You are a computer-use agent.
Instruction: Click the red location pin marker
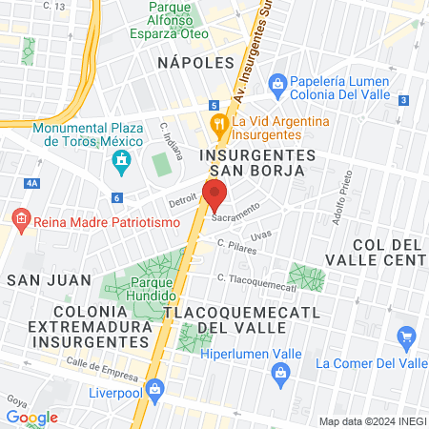coord(214,194)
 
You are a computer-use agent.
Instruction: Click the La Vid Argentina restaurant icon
coord(218,122)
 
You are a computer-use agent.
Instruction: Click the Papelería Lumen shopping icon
coord(278,82)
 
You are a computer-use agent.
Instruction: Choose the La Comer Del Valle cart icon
coord(408,336)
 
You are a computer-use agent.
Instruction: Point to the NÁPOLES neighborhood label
coord(195,62)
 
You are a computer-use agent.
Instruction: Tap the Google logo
coord(31,417)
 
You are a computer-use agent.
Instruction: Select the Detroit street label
coord(182,202)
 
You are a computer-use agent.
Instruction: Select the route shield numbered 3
coord(404,100)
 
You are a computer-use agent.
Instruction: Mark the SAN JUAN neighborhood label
coord(49,280)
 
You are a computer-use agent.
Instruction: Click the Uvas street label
coord(260,235)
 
